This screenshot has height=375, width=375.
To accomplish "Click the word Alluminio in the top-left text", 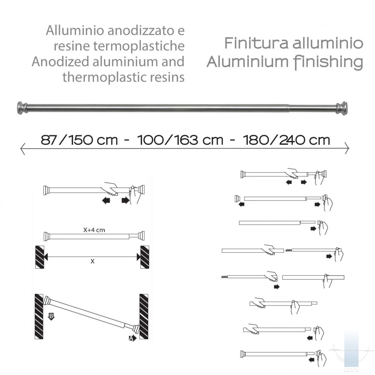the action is pos(75,30).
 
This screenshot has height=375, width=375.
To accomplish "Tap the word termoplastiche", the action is pos(139,46).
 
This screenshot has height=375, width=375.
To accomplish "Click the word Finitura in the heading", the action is pos(256,43).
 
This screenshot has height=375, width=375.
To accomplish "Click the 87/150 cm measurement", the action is pos(79,140).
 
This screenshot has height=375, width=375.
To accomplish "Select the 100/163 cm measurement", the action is pos(180,140).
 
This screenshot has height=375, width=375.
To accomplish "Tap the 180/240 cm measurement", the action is pos(286,140).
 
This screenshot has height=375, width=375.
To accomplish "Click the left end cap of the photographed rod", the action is pos(22,108).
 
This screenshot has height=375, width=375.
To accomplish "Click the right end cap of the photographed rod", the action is pos(342,108).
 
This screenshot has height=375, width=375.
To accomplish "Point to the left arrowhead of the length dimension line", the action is pos(23,149).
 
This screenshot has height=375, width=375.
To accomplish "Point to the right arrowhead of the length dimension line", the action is pos(347,148).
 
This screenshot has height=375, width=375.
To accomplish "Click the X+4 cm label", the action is pos(94,230).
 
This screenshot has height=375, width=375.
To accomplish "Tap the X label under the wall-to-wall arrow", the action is pos(93,261).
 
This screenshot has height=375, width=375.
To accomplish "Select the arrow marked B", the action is pos(51,316).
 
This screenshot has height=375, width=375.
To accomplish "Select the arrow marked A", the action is pos(132,338).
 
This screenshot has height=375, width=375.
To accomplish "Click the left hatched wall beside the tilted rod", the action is pos(39,316).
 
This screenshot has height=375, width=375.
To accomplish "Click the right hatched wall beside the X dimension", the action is pos(144,257).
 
